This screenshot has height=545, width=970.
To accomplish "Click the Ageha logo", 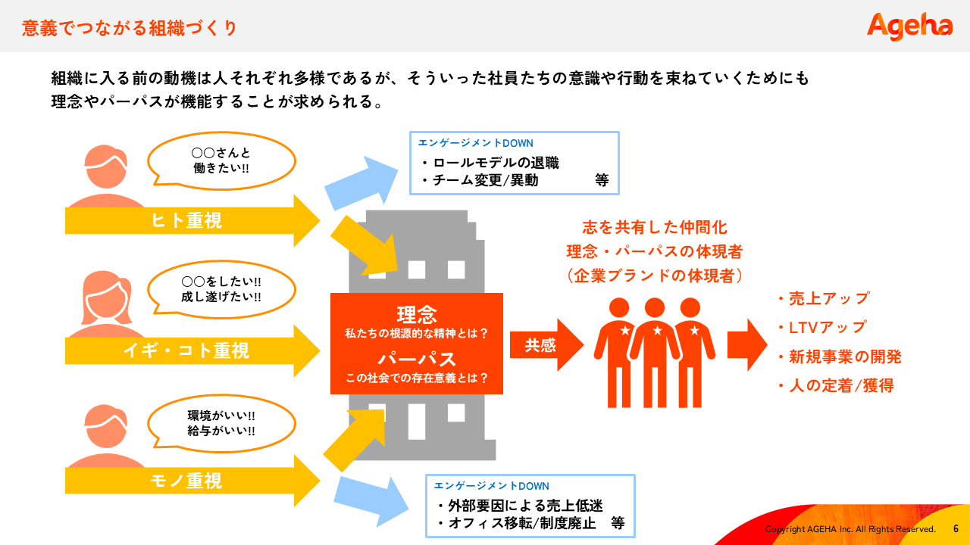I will (x=909, y=26).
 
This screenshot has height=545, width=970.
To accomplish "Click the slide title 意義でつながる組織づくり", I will (x=130, y=28).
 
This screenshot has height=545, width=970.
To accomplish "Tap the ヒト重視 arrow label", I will (x=186, y=220).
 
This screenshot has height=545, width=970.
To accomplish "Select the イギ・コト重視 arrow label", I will (x=186, y=350).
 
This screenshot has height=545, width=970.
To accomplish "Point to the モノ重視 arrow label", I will (x=186, y=481).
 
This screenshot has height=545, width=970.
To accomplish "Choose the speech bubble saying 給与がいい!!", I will (x=221, y=423).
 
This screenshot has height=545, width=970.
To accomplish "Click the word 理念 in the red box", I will (x=417, y=314).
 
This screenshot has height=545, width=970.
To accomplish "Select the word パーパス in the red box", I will (x=417, y=358).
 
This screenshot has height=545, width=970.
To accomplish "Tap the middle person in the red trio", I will (x=655, y=350).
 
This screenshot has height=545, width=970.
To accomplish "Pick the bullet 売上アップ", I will (x=828, y=298).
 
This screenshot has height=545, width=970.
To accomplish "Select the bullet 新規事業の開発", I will (x=844, y=357).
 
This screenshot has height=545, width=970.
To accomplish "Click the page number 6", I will (x=956, y=528).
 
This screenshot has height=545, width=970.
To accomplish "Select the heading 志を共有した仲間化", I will (x=655, y=228).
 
